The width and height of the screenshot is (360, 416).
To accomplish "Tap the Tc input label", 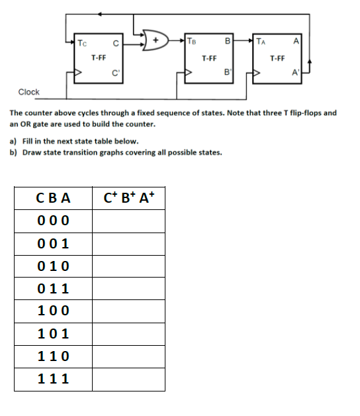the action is pos(81,44).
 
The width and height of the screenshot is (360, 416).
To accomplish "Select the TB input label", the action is pos(192,44).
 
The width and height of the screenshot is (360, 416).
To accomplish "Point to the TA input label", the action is pos(263,44).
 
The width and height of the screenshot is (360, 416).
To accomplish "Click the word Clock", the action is pos(28,92).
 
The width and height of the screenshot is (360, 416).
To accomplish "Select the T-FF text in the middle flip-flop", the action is pos(209,58).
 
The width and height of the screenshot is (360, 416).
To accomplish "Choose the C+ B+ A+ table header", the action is pos(129,197).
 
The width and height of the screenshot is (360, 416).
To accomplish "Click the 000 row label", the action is pos(53,221).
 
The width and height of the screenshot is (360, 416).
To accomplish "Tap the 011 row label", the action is pos(53,289).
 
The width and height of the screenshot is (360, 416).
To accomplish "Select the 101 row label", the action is pos(53,334).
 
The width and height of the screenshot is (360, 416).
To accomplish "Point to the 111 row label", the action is pos(53,379).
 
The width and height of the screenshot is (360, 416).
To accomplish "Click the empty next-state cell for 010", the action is pos(128,266).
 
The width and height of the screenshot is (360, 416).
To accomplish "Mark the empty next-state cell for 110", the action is pos(128,356).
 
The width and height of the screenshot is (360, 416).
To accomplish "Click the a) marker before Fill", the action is pos(14,141).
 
